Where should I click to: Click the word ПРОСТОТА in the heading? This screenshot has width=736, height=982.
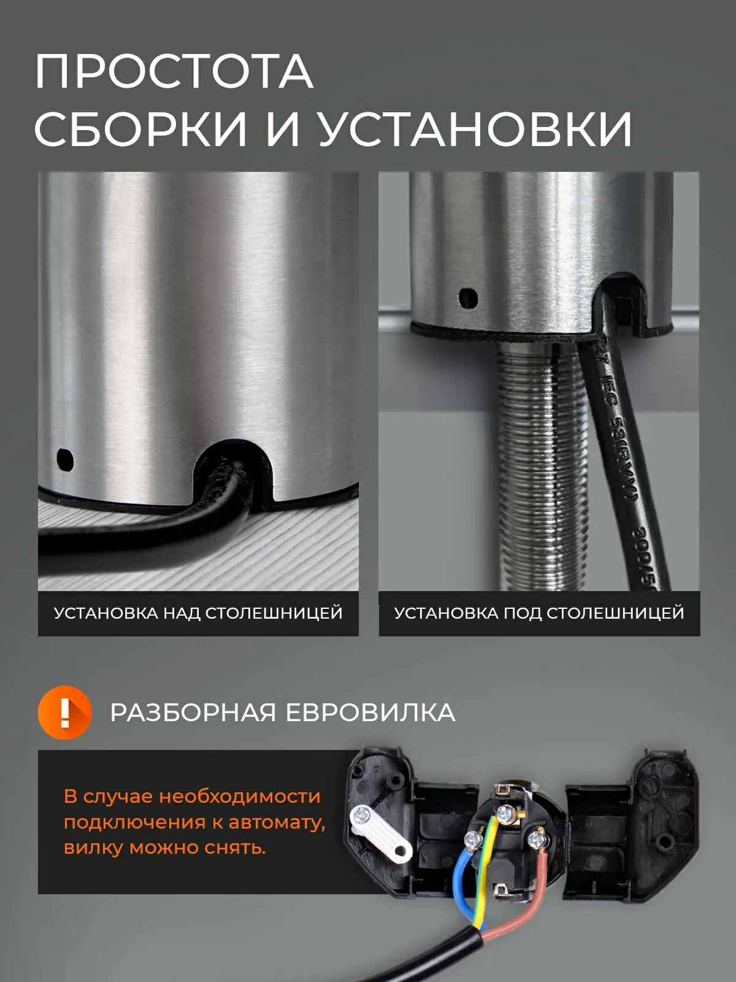pos(174,72)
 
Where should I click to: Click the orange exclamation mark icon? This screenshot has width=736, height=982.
pos(65,712)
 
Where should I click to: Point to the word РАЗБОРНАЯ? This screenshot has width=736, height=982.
pos(193,713)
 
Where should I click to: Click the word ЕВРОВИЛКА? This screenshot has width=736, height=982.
pos(370,713)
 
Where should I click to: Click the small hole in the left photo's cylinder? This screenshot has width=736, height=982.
pos(65,460)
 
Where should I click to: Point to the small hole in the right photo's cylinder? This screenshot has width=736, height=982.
pos(469,297)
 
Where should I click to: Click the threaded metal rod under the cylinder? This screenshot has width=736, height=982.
pos(530,465)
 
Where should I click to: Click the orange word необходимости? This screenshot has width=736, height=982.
pos(240,796)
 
